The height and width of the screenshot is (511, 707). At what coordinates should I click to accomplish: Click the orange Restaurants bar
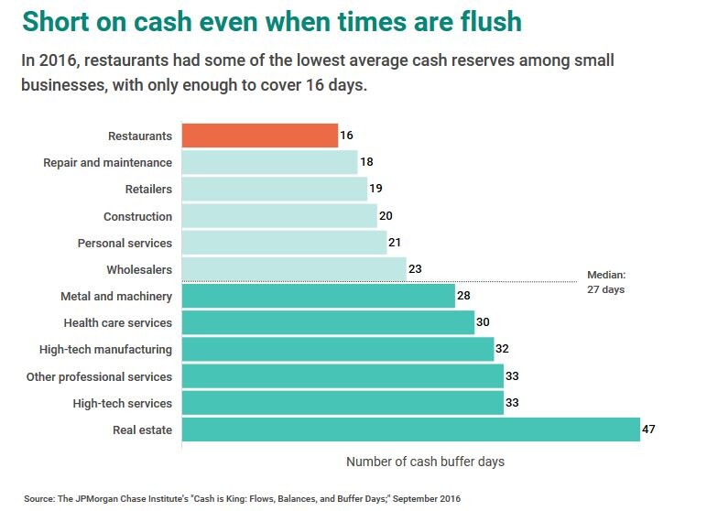[259, 136]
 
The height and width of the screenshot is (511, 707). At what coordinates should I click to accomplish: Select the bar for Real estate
[410, 429]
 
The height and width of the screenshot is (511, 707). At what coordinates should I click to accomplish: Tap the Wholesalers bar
[293, 269]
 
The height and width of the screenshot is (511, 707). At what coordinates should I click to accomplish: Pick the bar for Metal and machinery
[318, 296]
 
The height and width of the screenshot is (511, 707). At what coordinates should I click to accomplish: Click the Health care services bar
[328, 322]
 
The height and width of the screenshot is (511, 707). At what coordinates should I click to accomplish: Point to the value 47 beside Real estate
[649, 429]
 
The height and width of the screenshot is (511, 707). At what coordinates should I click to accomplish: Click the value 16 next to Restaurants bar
[346, 136]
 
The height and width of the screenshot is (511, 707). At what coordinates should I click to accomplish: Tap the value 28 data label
[464, 296]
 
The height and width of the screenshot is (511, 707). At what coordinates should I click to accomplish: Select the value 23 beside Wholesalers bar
[415, 269]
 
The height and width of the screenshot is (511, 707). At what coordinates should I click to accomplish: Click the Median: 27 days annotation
[605, 281]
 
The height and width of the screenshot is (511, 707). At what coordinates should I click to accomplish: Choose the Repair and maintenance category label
[107, 162]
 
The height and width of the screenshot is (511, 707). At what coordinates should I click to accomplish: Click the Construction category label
[137, 216]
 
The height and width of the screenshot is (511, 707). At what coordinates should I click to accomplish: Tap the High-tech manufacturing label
[105, 349]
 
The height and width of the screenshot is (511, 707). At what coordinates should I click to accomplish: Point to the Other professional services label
[99, 376]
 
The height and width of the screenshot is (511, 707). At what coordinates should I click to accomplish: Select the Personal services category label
[125, 243]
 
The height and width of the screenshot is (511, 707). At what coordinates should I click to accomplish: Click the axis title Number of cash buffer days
[425, 462]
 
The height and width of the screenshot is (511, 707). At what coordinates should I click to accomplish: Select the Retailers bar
[274, 189]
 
